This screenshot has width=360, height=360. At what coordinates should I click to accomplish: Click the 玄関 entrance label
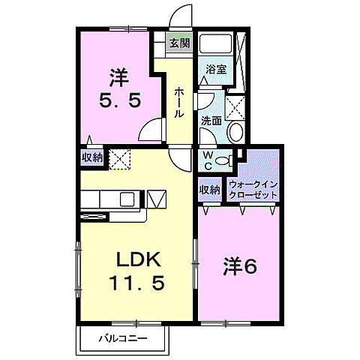point(178,44)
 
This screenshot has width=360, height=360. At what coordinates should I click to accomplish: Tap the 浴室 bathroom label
point(217,70)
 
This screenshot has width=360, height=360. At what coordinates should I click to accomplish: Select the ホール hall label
point(180,102)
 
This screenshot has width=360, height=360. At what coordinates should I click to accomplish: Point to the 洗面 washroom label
point(211,120)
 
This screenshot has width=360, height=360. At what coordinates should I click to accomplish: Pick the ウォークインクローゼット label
point(253,187)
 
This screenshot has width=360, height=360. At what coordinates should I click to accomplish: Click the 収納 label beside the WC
point(210,189)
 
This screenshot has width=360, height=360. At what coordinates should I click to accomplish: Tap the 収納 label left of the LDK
point(92,157)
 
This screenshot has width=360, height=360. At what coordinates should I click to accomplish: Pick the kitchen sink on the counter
point(125,199)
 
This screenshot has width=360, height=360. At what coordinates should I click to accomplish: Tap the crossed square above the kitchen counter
point(119,158)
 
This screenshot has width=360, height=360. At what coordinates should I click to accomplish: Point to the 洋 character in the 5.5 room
point(118,76)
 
